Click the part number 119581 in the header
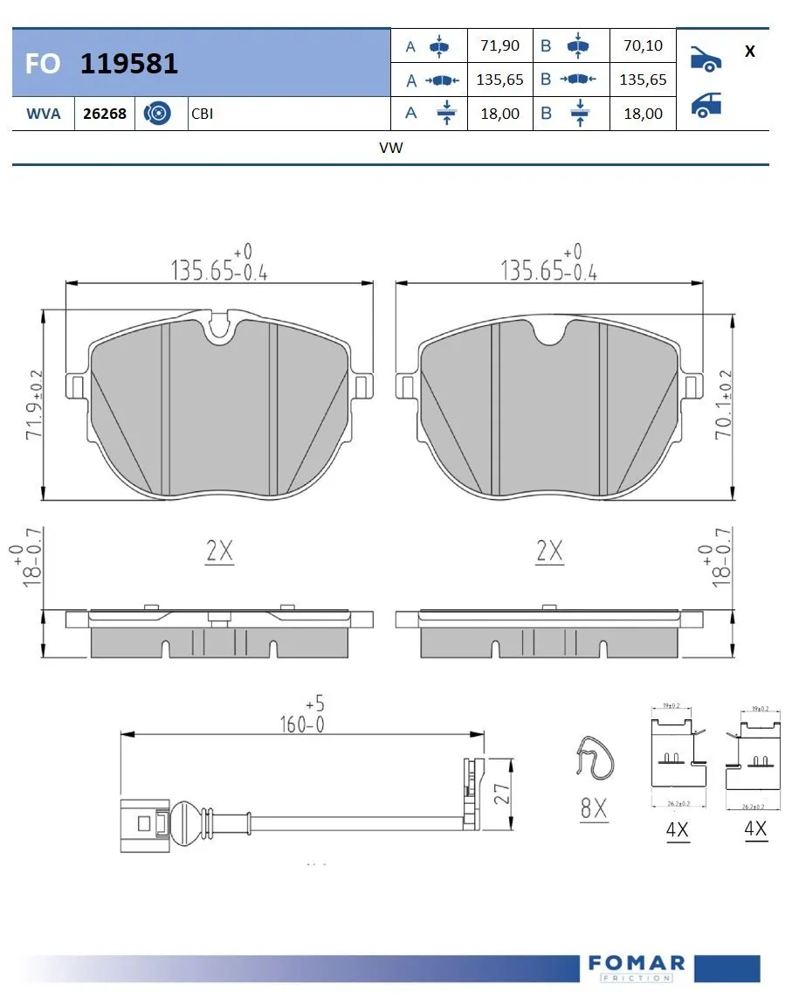[x=129, y=63]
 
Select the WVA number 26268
[x=104, y=114]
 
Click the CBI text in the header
[x=202, y=114]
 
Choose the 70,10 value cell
[x=643, y=45]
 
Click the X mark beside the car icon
[x=749, y=51]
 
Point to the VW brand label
[x=390, y=148]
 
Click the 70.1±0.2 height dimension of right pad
[x=723, y=404]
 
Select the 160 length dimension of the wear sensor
[x=296, y=722]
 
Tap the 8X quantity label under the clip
[x=594, y=809]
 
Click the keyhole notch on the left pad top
[x=217, y=328]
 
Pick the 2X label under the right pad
[x=549, y=551]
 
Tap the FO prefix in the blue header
[x=43, y=64]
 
